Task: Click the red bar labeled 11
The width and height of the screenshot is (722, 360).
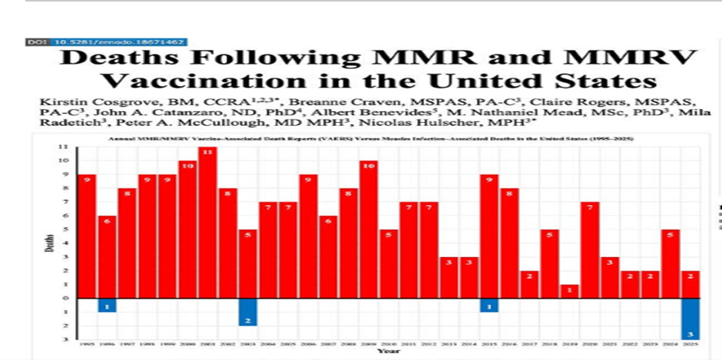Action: tap(207, 223)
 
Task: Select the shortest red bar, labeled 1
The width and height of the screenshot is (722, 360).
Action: tap(568, 292)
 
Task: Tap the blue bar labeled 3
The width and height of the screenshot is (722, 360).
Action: tap(689, 319)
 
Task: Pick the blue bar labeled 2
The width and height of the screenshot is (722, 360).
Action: tap(247, 312)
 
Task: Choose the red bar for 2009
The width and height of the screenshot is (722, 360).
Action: tap(368, 230)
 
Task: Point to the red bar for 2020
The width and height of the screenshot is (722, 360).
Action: tap(589, 250)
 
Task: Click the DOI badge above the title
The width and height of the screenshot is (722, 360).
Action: tap(107, 41)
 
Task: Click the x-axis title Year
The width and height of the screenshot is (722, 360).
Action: tap(388, 352)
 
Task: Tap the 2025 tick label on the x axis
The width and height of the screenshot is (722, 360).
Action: tap(689, 345)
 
